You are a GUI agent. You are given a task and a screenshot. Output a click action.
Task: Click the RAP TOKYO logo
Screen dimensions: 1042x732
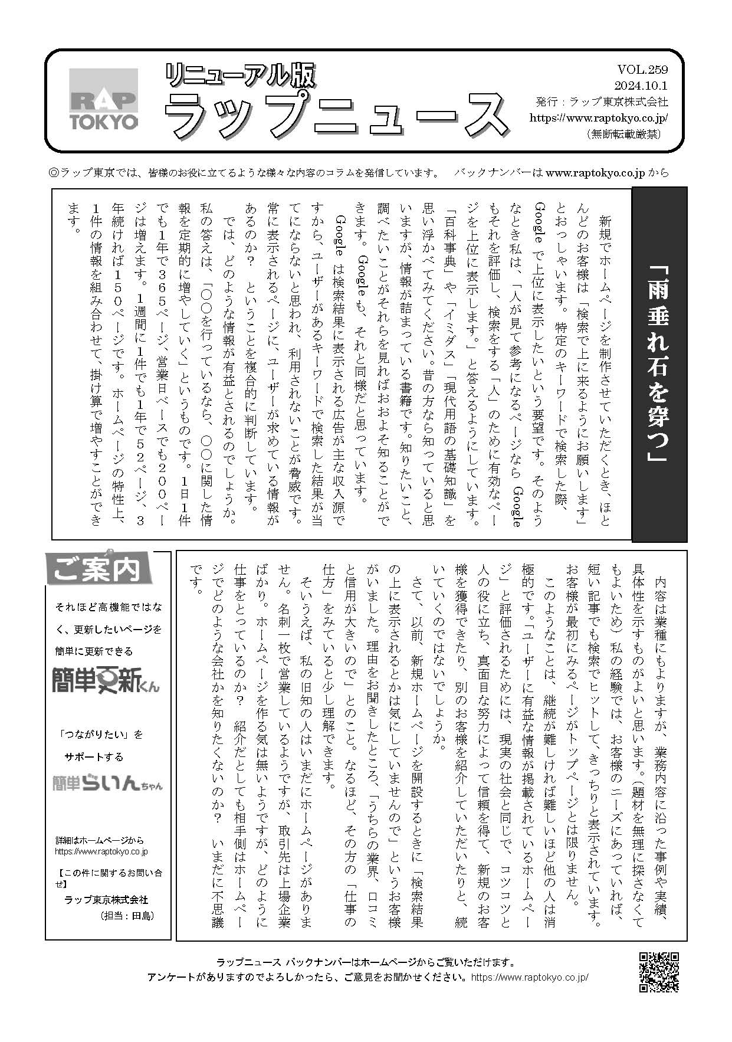pyautogui.click(x=104, y=99)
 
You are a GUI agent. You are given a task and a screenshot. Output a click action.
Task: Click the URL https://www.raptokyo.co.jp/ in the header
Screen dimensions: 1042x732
pyautogui.click(x=599, y=117)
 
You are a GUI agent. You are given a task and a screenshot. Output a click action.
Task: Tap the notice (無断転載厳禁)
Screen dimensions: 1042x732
pyautogui.click(x=623, y=134)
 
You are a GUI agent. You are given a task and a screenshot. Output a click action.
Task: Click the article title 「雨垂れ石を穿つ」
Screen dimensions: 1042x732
pyautogui.click(x=659, y=364)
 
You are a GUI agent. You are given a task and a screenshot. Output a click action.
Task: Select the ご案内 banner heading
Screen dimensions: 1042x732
pyautogui.click(x=98, y=569)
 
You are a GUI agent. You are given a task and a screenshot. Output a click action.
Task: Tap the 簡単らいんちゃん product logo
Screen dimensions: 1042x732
pyautogui.click(x=107, y=783)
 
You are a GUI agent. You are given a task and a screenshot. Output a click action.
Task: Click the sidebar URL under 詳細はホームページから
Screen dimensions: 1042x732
pyautogui.click(x=101, y=851)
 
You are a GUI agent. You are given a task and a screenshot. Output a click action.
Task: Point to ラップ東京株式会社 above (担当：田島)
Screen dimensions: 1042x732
pyautogui.click(x=106, y=900)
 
